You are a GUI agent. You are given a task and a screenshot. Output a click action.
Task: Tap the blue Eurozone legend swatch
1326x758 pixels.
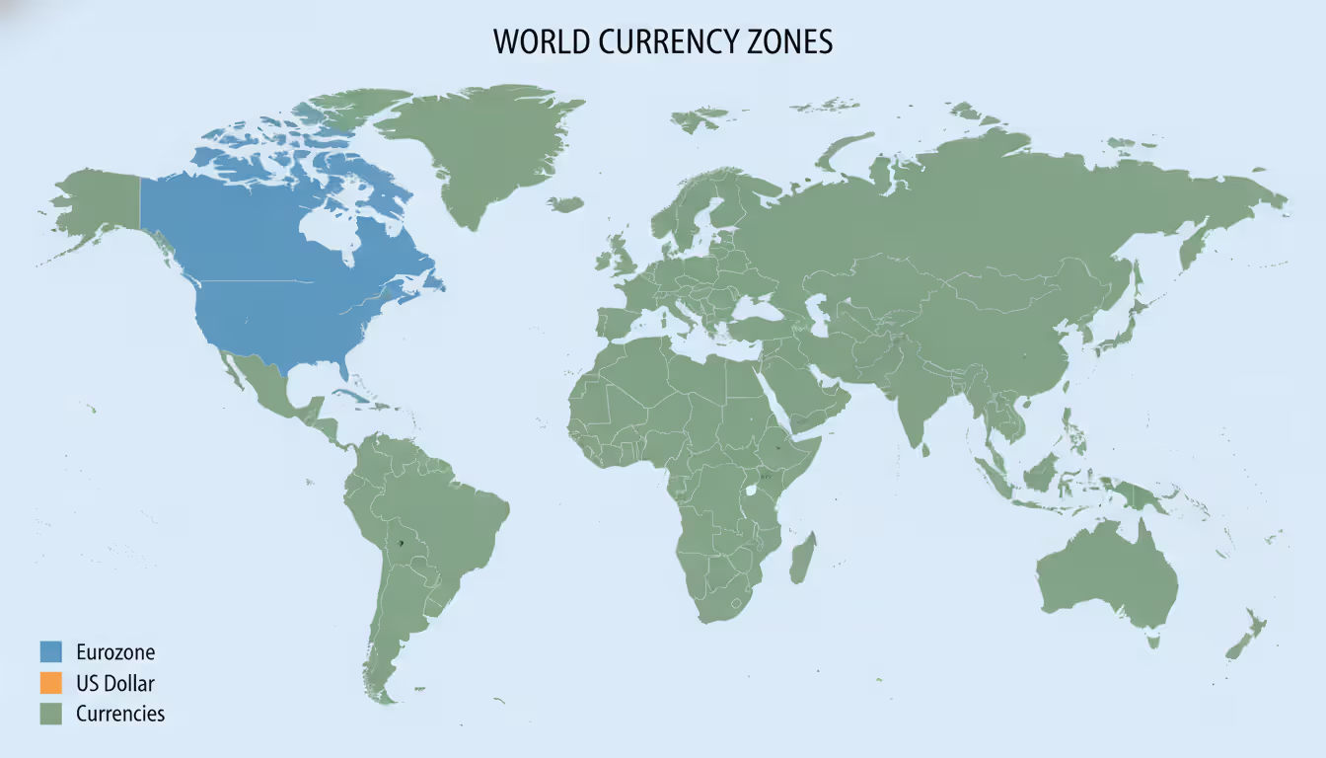pos(51,651)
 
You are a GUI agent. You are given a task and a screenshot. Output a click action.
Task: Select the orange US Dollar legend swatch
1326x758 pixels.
pos(51,682)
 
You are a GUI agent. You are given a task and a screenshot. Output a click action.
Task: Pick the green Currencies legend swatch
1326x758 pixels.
pos(51,713)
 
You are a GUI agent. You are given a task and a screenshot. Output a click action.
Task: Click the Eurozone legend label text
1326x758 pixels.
pos(115,651)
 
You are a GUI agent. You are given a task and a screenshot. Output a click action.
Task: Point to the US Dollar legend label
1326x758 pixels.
pos(115,682)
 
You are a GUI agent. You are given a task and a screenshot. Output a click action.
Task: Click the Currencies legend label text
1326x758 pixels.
pos(120,713)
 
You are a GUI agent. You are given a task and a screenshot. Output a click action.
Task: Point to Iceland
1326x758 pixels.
pos(565,204)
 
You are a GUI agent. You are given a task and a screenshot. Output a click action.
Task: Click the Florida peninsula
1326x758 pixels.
pos(341,367)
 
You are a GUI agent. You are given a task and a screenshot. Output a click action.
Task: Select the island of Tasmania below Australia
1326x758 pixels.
pos(1151,642)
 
